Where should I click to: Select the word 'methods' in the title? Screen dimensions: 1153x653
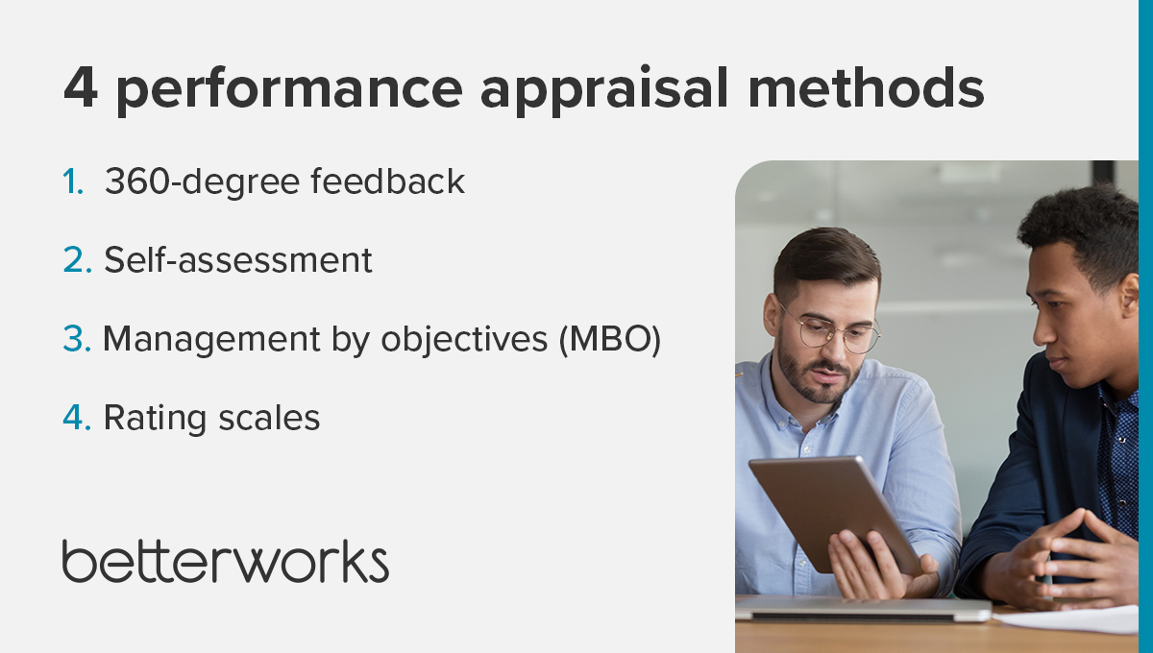click(x=867, y=87)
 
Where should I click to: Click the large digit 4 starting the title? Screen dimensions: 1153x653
click(x=81, y=88)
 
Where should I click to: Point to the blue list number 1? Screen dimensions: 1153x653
click(x=73, y=181)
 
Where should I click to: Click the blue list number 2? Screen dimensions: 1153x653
click(x=78, y=260)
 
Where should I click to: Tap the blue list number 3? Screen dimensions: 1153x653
click(x=77, y=339)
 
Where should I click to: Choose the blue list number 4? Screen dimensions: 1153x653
click(x=77, y=417)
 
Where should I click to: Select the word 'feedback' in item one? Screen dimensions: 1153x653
click(x=387, y=181)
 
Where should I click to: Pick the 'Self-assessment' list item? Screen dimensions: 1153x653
click(x=238, y=259)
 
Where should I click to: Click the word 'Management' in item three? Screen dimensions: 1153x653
click(x=211, y=340)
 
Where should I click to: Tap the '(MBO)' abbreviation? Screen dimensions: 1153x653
click(x=610, y=340)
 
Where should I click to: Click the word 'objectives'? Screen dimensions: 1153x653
click(x=464, y=340)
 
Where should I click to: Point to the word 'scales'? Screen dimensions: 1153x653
click(x=269, y=417)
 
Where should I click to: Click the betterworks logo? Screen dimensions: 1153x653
click(x=226, y=561)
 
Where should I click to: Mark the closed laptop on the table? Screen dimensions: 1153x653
click(x=863, y=609)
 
